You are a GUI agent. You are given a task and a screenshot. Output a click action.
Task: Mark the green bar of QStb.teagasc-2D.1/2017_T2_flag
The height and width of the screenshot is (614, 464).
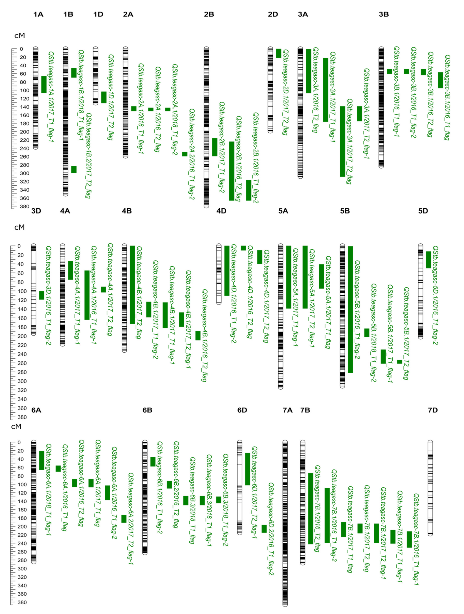[279, 53]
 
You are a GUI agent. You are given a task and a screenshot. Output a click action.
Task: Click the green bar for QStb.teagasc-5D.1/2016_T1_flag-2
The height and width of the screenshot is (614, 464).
[428, 260]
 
